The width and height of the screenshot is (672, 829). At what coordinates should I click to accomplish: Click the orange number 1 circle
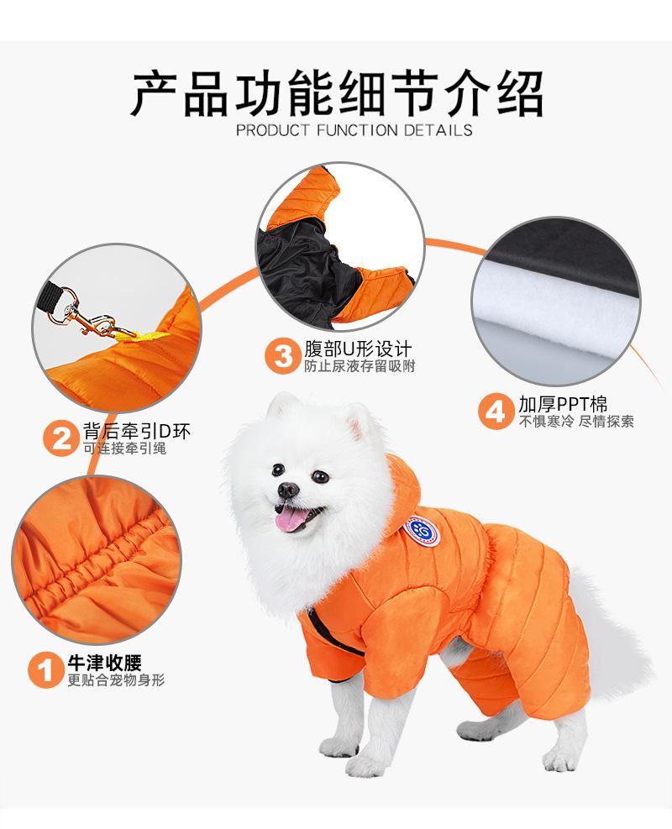(x=46, y=670)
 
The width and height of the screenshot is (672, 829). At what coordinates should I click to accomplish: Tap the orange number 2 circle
(x=61, y=438)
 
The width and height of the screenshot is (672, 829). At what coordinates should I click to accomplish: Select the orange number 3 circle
(x=283, y=356)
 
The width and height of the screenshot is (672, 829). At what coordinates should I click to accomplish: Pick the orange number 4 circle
(x=496, y=411)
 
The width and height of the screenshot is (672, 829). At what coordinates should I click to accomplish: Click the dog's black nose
(x=288, y=491)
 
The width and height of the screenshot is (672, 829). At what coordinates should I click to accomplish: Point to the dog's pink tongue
(x=289, y=521)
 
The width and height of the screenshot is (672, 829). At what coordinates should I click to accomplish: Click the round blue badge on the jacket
(x=422, y=531)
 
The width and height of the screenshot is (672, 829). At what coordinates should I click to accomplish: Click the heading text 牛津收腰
(x=105, y=663)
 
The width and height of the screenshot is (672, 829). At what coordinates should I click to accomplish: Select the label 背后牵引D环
(x=136, y=432)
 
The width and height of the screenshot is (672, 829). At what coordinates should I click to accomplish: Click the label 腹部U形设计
(x=357, y=349)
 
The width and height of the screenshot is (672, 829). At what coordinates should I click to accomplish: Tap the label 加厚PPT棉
(x=563, y=405)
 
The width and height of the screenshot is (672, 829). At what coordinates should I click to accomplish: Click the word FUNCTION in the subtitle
(x=357, y=130)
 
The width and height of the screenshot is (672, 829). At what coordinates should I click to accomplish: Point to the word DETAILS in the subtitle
(x=438, y=130)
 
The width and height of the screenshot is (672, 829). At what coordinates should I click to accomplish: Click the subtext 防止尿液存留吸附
(x=360, y=366)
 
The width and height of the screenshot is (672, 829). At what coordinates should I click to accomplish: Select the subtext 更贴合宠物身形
(x=116, y=679)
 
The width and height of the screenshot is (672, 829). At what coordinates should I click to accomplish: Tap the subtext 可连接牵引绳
(x=125, y=449)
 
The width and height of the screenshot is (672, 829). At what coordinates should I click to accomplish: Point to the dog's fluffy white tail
(x=611, y=634)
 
